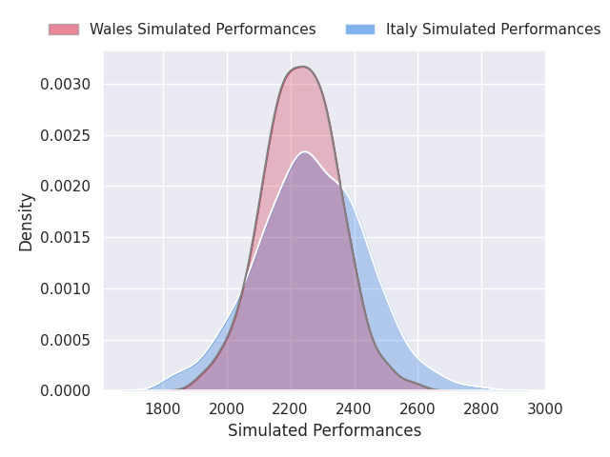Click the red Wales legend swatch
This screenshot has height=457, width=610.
pyautogui.click(x=64, y=30)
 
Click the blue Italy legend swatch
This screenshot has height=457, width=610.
pyautogui.click(x=360, y=30)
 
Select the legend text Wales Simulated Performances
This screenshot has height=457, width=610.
pyautogui.click(x=203, y=30)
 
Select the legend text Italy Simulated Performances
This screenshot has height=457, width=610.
pyautogui.click(x=494, y=30)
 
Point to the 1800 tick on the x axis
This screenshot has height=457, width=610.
pyautogui.click(x=163, y=408)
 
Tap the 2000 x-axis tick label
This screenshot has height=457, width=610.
pyautogui.click(x=227, y=408)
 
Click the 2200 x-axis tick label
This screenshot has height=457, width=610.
pyautogui.click(x=290, y=408)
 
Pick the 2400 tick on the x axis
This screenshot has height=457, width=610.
pyautogui.click(x=354, y=408)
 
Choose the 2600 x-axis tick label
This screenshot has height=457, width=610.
pyautogui.click(x=417, y=408)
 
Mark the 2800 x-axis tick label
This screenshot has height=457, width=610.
pyautogui.click(x=480, y=408)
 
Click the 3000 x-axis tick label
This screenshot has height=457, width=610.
pyautogui.click(x=544, y=408)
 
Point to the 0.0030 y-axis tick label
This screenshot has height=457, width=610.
pyautogui.click(x=66, y=85)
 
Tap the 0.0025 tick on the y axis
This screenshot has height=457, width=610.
pyautogui.click(x=66, y=135)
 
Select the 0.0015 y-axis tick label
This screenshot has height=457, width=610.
pyautogui.click(x=66, y=238)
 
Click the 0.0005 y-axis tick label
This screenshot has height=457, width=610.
pyautogui.click(x=66, y=341)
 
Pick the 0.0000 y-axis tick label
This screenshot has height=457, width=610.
pyautogui.click(x=66, y=391)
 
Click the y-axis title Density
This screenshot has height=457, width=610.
pyautogui.click(x=26, y=222)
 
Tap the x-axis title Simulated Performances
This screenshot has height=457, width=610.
pyautogui.click(x=324, y=430)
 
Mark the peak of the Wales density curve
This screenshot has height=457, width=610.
pyautogui.click(x=302, y=67)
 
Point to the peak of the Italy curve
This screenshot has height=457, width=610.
pyautogui.click(x=305, y=152)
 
